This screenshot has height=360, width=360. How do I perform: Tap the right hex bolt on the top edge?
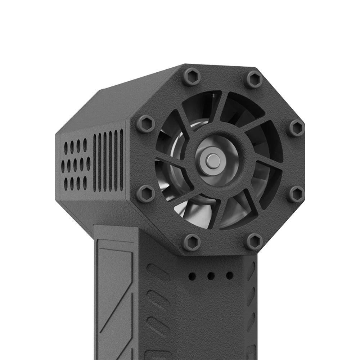(254, 80)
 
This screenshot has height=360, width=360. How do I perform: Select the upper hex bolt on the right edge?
(296, 128)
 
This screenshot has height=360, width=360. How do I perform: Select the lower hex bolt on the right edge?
(296, 194)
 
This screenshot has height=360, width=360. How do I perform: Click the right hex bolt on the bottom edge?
(254, 241)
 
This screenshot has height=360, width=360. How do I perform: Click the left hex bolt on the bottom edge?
(192, 242)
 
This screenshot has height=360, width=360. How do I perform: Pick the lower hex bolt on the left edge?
(146, 194)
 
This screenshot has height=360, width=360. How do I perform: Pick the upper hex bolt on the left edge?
(145, 124)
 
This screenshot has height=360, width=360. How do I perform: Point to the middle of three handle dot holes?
(211, 276)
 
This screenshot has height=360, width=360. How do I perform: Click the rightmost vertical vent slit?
(121, 160)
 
